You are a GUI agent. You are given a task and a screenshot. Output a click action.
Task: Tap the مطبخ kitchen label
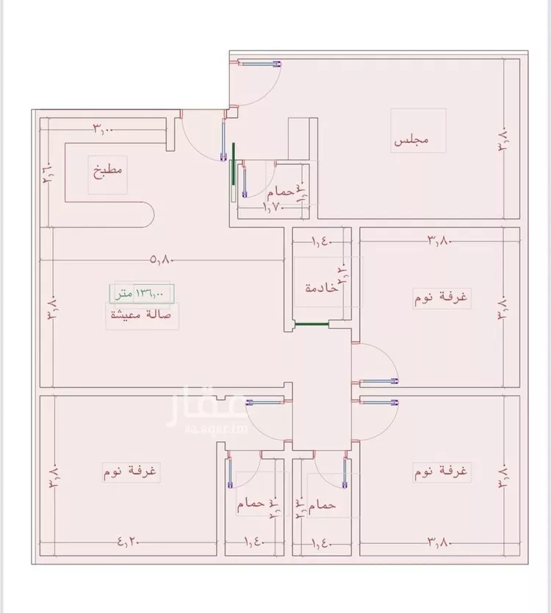click(x=107, y=173)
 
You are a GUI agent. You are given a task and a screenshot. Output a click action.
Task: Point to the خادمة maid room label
click(x=323, y=288)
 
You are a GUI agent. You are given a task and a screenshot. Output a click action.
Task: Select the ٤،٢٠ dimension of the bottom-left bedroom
click(x=129, y=543)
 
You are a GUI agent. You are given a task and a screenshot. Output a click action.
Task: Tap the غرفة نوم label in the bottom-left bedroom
click(x=132, y=471)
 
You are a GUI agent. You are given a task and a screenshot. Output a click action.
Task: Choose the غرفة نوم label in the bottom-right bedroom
click(x=442, y=471)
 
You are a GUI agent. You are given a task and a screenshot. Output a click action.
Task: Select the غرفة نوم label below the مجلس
click(x=443, y=297)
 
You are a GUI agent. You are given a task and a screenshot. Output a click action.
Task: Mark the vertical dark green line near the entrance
click(x=234, y=170)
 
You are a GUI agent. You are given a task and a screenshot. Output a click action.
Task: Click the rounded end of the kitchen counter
click(x=147, y=216)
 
